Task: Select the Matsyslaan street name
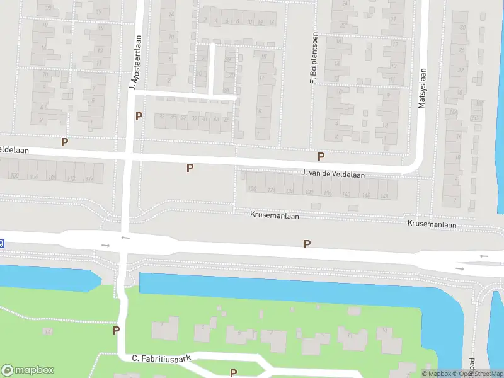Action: coord(423,89)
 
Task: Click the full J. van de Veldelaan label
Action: coord(333,173)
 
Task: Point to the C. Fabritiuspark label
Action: coord(161,358)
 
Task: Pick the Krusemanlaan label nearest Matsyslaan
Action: coord(432,224)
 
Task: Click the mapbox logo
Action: coord(28,370)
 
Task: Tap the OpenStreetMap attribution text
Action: coord(481,374)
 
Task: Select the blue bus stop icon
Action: coord(2,243)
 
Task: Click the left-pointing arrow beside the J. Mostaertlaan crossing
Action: coord(125,238)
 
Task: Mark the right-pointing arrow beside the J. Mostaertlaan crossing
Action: coord(105,245)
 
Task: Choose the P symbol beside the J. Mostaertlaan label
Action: coord(139,116)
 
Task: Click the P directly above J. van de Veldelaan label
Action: coord(321,156)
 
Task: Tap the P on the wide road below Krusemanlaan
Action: coord(307,244)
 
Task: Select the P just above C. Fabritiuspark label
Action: coord(116,330)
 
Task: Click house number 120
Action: coord(252,189)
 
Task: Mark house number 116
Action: coord(89,180)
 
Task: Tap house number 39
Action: coord(194,118)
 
